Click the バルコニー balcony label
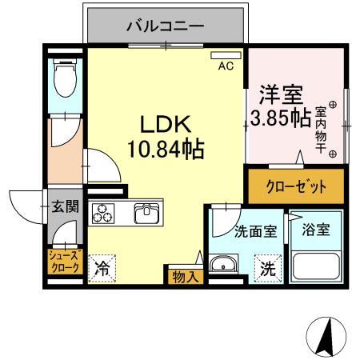click(166, 26)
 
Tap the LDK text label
click(165, 126)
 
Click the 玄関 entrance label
click(65, 206)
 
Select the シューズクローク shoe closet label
click(64, 262)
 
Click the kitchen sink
click(148, 214)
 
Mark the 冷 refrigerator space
click(102, 269)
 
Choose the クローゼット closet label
click(296, 187)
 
